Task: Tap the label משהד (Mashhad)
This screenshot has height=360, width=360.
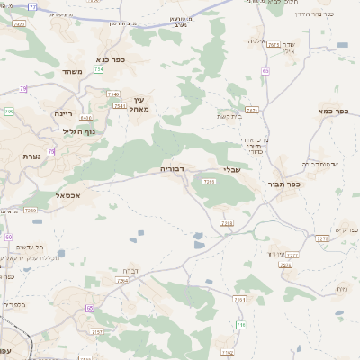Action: (x=74, y=72)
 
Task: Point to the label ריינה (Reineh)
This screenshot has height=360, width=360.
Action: (x=63, y=113)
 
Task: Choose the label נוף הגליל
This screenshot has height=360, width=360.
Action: (x=79, y=131)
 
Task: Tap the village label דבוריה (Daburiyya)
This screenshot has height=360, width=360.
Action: (x=172, y=168)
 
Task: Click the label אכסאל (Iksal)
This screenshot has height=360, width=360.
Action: (x=67, y=195)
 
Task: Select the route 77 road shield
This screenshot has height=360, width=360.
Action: (x=33, y=6)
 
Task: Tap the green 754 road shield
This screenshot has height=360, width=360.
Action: (x=97, y=82)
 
